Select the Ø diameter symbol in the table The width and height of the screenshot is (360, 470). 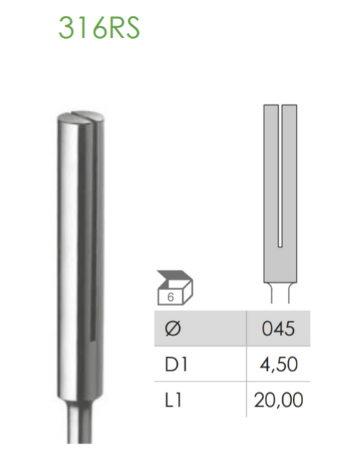point(174,329)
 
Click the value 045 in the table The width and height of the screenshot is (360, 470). point(279,329)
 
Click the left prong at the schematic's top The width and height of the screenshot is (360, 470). point(271,115)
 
